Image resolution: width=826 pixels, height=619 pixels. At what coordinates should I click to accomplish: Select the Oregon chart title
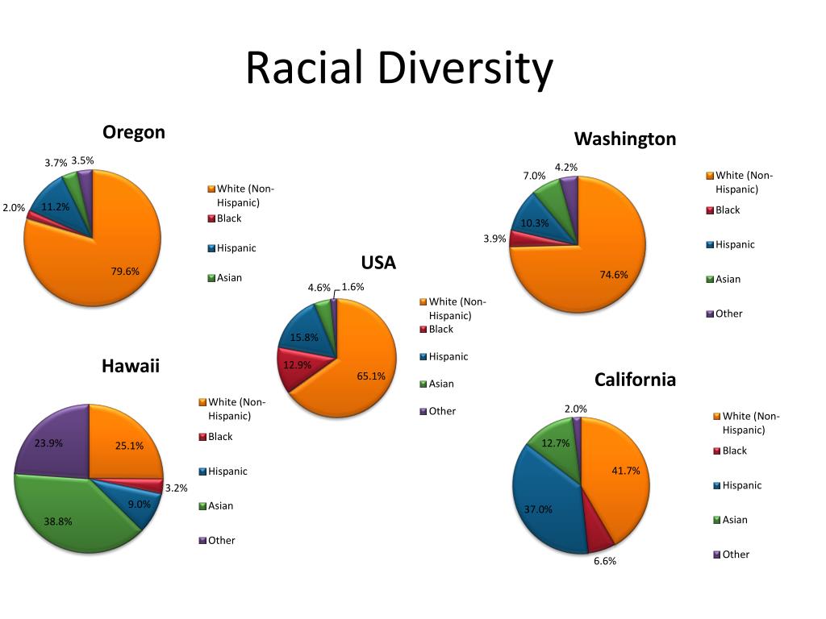tap(134, 133)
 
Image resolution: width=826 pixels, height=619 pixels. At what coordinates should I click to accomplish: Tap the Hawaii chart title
tap(131, 366)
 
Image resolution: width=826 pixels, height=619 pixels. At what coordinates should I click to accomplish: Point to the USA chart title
tap(378, 262)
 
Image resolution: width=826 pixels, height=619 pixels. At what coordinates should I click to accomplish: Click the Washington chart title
tap(625, 139)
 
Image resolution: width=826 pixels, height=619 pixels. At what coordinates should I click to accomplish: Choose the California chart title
tap(635, 380)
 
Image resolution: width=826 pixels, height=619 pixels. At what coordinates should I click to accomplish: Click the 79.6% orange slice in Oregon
tap(106, 264)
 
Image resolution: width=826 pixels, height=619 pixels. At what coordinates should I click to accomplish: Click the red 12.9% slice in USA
tap(296, 366)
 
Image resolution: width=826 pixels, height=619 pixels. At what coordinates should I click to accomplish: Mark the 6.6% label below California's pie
tap(605, 561)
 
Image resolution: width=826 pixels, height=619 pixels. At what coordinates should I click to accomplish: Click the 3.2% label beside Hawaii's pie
tap(176, 488)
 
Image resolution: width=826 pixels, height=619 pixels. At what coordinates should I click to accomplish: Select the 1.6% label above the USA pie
tap(353, 287)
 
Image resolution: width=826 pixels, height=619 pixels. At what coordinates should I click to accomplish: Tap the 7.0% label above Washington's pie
tap(534, 176)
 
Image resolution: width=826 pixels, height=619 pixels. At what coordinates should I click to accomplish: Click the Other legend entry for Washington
tap(724, 314)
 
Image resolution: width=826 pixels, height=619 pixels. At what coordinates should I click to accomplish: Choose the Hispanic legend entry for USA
tap(444, 356)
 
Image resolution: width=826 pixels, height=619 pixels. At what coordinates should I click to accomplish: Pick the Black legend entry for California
tap(730, 451)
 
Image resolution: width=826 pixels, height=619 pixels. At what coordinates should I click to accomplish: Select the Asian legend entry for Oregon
tap(225, 277)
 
